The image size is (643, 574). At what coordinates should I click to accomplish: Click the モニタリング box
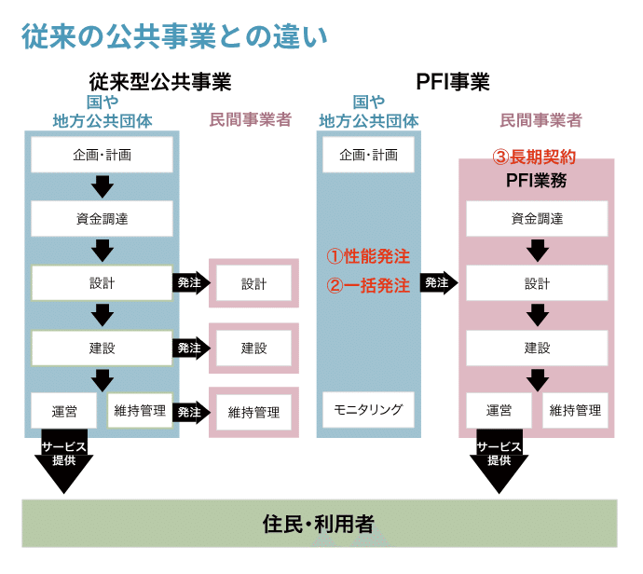[x=368, y=409]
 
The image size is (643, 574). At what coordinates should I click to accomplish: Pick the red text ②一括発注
[x=368, y=286]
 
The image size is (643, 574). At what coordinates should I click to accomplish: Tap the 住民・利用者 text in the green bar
[x=319, y=524]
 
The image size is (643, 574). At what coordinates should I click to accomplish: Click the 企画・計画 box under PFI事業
[x=368, y=155]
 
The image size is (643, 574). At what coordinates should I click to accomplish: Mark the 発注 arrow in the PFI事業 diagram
[x=438, y=282]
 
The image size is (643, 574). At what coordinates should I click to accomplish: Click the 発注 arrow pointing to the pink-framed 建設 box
[x=190, y=348]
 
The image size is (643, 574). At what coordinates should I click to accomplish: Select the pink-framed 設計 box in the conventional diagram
[x=253, y=283]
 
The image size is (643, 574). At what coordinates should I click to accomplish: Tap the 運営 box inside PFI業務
[x=499, y=409]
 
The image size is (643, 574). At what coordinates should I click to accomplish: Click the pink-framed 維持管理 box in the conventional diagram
[x=253, y=412]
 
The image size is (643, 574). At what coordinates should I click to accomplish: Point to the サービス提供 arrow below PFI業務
[x=499, y=461]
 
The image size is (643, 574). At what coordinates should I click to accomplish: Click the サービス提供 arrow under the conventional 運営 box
[x=64, y=461]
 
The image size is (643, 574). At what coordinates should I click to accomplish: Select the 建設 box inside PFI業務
[x=537, y=348]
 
